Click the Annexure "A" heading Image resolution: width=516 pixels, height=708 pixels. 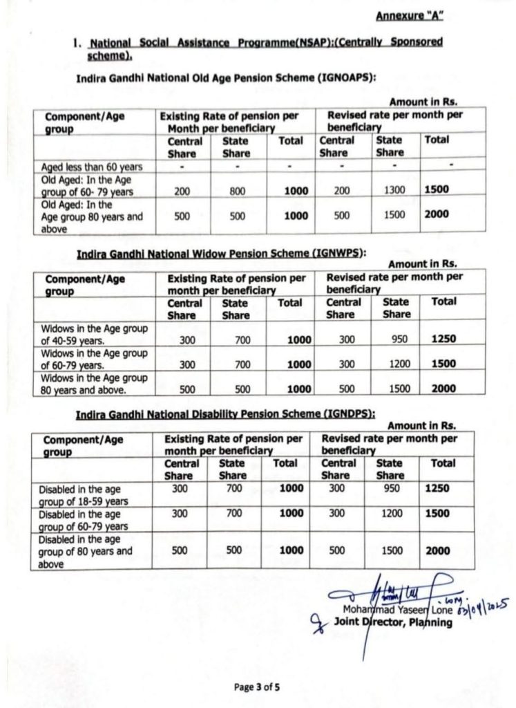click(x=410, y=15)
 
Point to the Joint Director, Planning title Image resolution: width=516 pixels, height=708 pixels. click(x=393, y=622)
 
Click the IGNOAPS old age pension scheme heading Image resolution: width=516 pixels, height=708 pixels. click(x=226, y=78)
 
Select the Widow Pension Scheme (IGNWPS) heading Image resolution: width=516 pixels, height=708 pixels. click(x=221, y=254)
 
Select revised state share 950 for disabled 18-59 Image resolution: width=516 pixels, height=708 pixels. click(x=390, y=488)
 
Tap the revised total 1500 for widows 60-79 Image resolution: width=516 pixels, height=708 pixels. click(x=443, y=364)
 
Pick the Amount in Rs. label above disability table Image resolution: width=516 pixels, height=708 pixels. click(x=421, y=426)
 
